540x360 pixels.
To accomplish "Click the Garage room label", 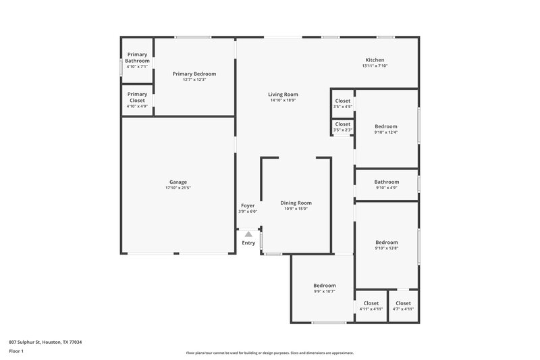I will point(178,182).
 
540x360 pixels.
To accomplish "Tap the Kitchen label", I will point(375,59).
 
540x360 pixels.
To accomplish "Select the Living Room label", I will point(283,95).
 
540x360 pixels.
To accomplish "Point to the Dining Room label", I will point(296,203).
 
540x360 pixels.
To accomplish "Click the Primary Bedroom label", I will point(194,74).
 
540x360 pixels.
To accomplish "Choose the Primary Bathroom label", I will point(137,57).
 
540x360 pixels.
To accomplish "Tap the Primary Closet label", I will point(137,97).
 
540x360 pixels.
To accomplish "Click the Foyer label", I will point(248,205).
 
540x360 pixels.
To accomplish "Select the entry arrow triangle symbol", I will point(248,234).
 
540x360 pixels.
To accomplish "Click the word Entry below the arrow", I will point(248,243).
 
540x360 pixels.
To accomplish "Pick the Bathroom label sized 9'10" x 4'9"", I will point(387,182).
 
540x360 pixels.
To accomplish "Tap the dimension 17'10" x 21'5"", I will point(178,188).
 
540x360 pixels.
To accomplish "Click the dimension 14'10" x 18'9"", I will point(283,101).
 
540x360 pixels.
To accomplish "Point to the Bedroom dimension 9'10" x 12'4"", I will point(386,132).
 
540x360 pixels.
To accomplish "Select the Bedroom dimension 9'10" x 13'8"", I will point(387,249).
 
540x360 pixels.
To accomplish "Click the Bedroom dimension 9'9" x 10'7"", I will point(324,292).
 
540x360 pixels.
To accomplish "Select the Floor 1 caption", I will point(17,352).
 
